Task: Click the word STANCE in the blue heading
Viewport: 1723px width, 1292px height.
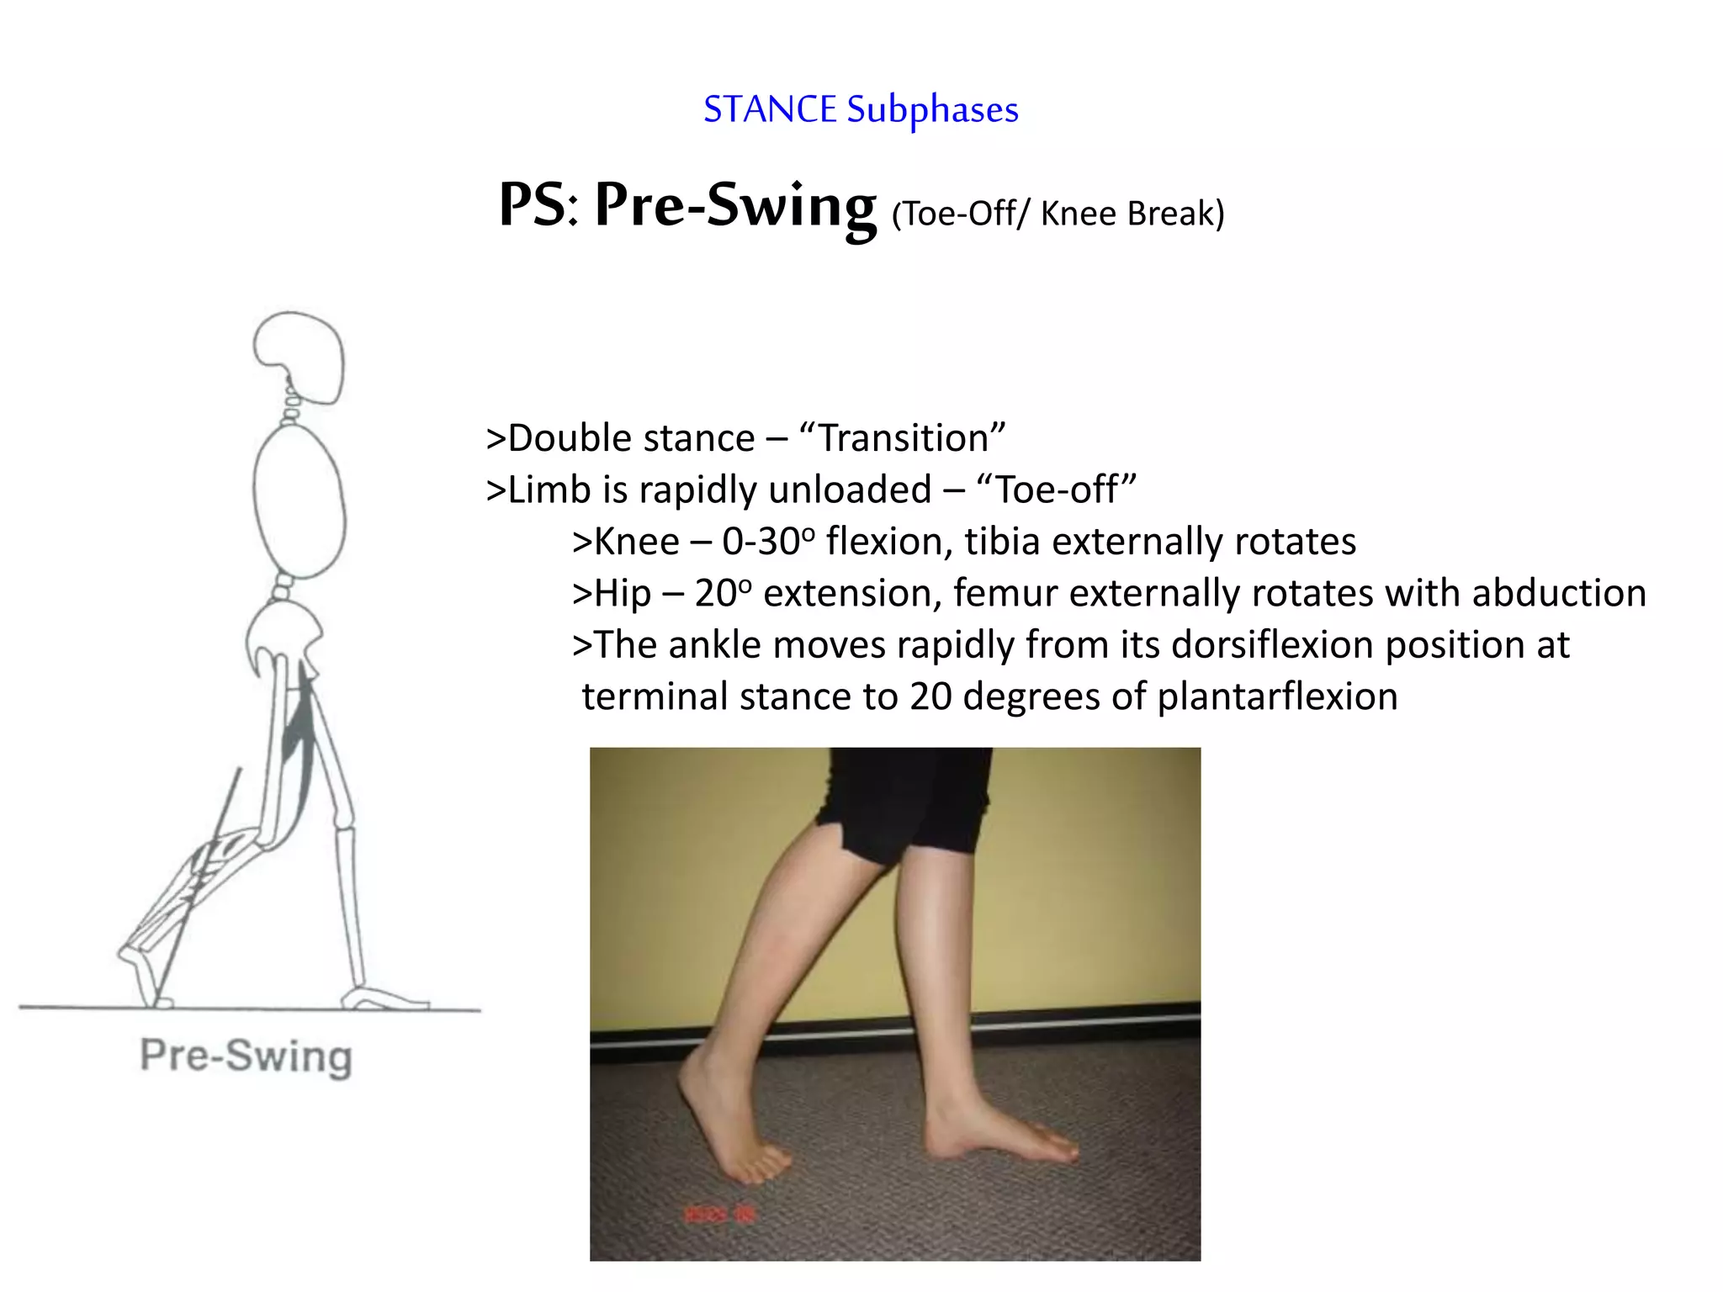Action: coord(770,110)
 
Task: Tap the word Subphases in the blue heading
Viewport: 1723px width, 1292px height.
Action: coord(932,110)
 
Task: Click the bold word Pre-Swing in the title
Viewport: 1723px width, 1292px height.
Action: coord(734,205)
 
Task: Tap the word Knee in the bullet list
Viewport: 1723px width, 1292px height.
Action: coord(636,542)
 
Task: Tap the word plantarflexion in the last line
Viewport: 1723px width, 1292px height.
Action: coord(1277,697)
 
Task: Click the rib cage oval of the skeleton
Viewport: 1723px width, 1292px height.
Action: coord(299,502)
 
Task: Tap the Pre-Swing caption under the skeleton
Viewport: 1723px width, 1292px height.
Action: coord(246,1056)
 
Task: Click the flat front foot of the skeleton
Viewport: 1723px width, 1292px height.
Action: coord(384,998)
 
